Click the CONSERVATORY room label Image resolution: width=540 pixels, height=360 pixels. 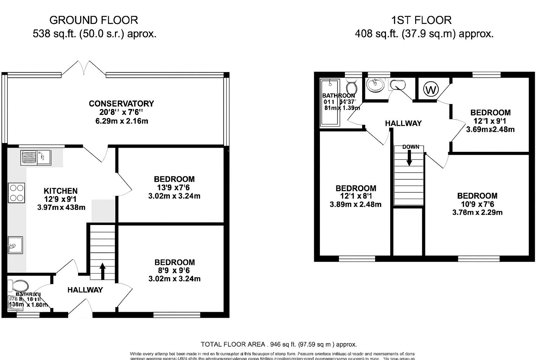point(121,103)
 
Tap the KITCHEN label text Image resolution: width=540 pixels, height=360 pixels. point(60,191)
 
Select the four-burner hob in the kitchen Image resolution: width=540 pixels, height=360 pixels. point(17,193)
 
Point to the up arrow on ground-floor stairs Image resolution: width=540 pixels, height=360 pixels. point(103,271)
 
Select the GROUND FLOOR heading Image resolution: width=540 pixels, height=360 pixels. point(94,20)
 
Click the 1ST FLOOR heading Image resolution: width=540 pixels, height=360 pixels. point(422,20)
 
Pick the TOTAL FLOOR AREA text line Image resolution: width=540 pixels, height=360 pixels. point(278,344)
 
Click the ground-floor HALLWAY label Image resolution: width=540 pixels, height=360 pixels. point(85,290)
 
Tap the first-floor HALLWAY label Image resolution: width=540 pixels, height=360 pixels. point(403,123)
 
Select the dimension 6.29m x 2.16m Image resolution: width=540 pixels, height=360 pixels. point(121,121)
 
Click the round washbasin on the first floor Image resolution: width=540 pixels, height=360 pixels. point(374,84)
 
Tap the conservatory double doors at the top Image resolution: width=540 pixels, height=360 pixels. point(84,68)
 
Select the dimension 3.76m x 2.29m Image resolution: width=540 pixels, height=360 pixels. point(477,212)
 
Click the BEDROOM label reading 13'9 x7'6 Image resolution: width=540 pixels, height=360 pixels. point(174,179)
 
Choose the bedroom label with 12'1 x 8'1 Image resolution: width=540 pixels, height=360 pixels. point(356,188)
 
